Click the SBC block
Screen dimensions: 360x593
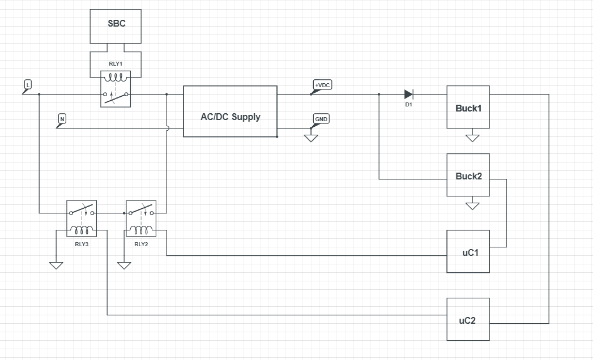pyautogui.click(x=117, y=25)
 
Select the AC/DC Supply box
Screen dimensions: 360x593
pyautogui.click(x=230, y=112)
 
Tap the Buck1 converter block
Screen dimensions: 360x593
pyautogui.click(x=468, y=107)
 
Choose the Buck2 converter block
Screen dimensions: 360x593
pyautogui.click(x=468, y=175)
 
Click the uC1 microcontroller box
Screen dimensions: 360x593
pyautogui.click(x=468, y=251)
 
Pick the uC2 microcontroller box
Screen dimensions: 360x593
pyautogui.click(x=468, y=319)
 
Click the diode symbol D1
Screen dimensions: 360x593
pyautogui.click(x=409, y=94)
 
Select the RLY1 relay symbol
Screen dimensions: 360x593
pyautogui.click(x=116, y=89)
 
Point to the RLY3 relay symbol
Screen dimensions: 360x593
pyautogui.click(x=82, y=218)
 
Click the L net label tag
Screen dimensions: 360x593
pyautogui.click(x=28, y=85)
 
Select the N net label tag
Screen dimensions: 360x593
pyautogui.click(x=62, y=119)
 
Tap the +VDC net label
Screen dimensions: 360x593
pyautogui.click(x=322, y=85)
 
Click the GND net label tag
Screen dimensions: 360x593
pyautogui.click(x=321, y=119)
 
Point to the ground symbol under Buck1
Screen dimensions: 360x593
pyautogui.click(x=472, y=137)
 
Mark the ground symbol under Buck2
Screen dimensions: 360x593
pyautogui.click(x=472, y=205)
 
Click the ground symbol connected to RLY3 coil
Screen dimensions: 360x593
pyautogui.click(x=56, y=264)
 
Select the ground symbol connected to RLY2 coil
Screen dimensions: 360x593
pyautogui.click(x=124, y=264)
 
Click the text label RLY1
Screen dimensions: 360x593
pyautogui.click(x=116, y=63)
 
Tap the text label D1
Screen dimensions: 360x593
pyautogui.click(x=408, y=105)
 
